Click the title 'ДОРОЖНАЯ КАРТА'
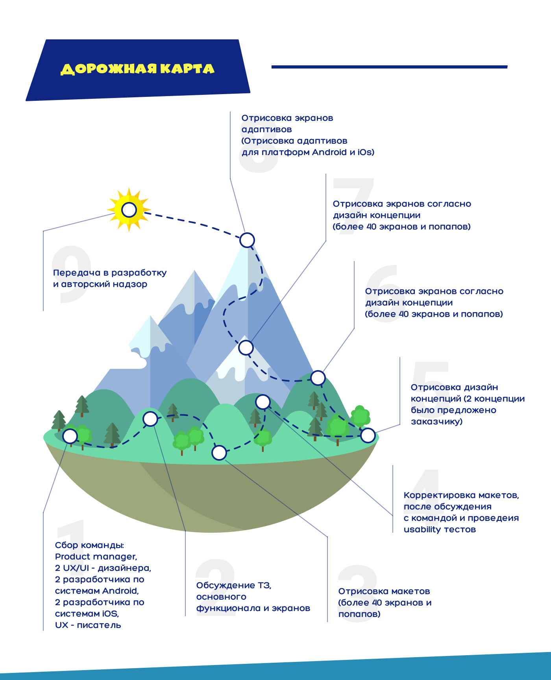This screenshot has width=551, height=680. click(137, 69)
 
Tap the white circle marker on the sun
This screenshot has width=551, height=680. click(129, 210)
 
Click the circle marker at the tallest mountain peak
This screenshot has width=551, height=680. click(247, 240)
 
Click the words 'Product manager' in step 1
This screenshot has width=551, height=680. click(96, 557)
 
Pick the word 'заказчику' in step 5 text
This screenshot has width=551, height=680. click(436, 422)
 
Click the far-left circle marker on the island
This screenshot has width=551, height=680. click(70, 436)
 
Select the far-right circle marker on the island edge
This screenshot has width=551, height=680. click(368, 435)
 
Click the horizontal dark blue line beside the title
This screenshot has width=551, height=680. click(389, 67)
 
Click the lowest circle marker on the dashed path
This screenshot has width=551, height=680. click(219, 453)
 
